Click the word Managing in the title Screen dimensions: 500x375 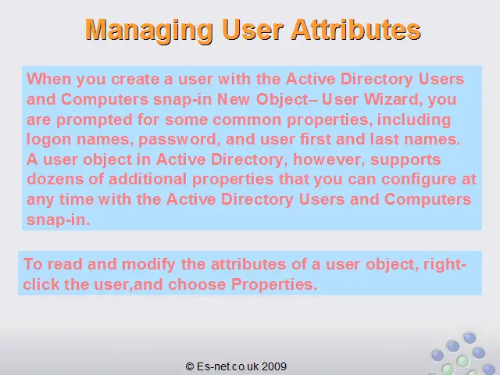tap(149, 30)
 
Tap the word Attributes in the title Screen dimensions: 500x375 tap(355, 30)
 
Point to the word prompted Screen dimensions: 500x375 tap(94, 120)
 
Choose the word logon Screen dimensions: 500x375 tap(48, 140)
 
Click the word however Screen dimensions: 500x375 tap(329, 159)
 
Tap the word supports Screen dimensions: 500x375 tap(405, 160)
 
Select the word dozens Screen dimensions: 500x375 tap(55, 179)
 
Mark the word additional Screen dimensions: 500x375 tap(148, 179)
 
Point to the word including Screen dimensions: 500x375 tap(414, 120)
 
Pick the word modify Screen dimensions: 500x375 tap(148, 265)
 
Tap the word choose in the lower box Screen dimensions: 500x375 tap(197, 284)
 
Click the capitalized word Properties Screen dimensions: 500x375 tap(274, 284)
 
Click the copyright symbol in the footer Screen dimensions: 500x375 tap(189, 366)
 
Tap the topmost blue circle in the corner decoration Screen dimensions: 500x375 tap(469, 338)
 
